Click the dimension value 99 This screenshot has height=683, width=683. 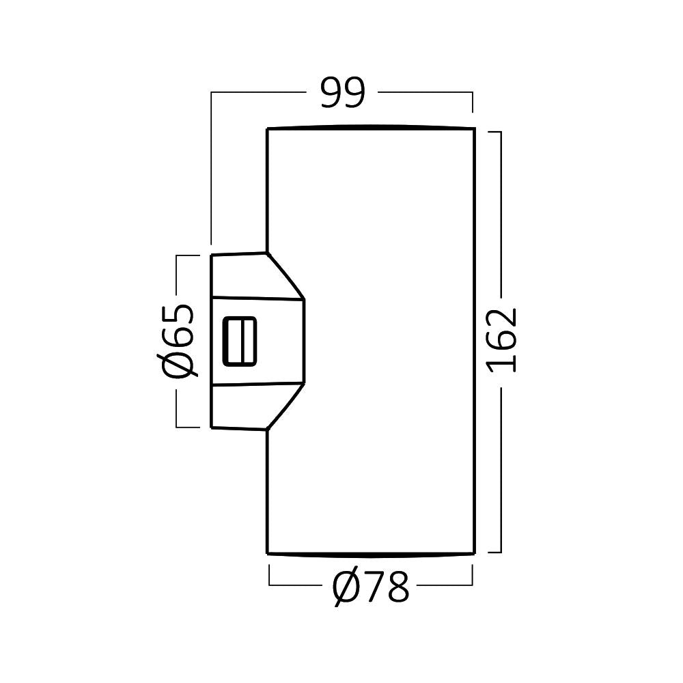pyautogui.click(x=342, y=93)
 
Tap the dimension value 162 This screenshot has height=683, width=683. pyautogui.click(x=502, y=340)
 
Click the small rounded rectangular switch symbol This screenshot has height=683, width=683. pyautogui.click(x=240, y=341)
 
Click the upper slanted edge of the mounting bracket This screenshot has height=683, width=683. pyautogui.click(x=285, y=276)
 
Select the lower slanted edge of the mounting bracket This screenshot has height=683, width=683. pyautogui.click(x=285, y=406)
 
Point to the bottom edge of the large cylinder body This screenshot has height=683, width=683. pyautogui.click(x=371, y=554)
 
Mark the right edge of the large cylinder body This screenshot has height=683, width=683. pyautogui.click(x=474, y=341)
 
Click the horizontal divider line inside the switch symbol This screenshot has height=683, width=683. pyautogui.click(x=240, y=341)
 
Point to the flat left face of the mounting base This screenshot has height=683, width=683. pyautogui.click(x=212, y=341)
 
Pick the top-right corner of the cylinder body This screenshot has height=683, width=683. pyautogui.click(x=475, y=128)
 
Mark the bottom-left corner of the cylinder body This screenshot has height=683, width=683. pyautogui.click(x=268, y=553)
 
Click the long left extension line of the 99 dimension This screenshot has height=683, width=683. pyautogui.click(x=211, y=169)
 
